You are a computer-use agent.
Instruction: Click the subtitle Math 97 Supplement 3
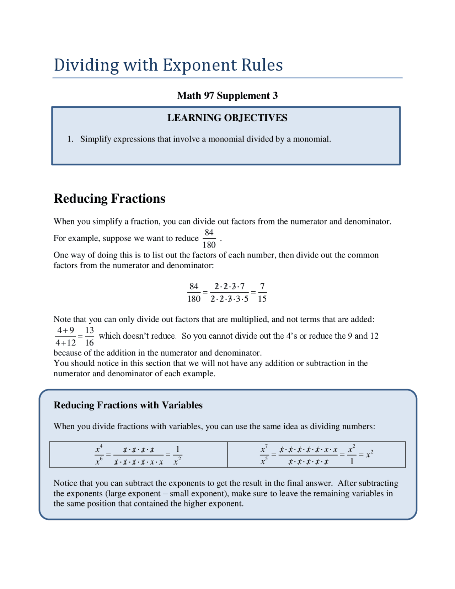click(227, 96)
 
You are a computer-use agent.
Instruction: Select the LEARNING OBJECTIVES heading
click(227, 118)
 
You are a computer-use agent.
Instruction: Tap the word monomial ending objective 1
click(311, 139)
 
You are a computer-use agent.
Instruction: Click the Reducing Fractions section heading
click(109, 198)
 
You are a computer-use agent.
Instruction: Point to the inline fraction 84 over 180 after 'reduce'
click(209, 239)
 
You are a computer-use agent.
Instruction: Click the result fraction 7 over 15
click(262, 292)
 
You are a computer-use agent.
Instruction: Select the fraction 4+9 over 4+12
click(66, 336)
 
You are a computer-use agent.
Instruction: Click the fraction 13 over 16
click(89, 336)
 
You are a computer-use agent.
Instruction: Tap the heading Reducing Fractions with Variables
click(128, 405)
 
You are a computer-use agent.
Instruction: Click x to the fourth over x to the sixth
click(99, 455)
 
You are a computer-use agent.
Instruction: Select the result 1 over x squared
click(177, 455)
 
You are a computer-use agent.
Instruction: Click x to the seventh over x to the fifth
click(264, 455)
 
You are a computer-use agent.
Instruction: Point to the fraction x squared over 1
click(352, 455)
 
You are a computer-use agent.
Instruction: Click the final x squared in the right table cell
click(369, 454)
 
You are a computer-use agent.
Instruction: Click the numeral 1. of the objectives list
click(70, 139)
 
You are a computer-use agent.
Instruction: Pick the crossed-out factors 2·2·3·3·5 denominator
click(229, 299)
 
